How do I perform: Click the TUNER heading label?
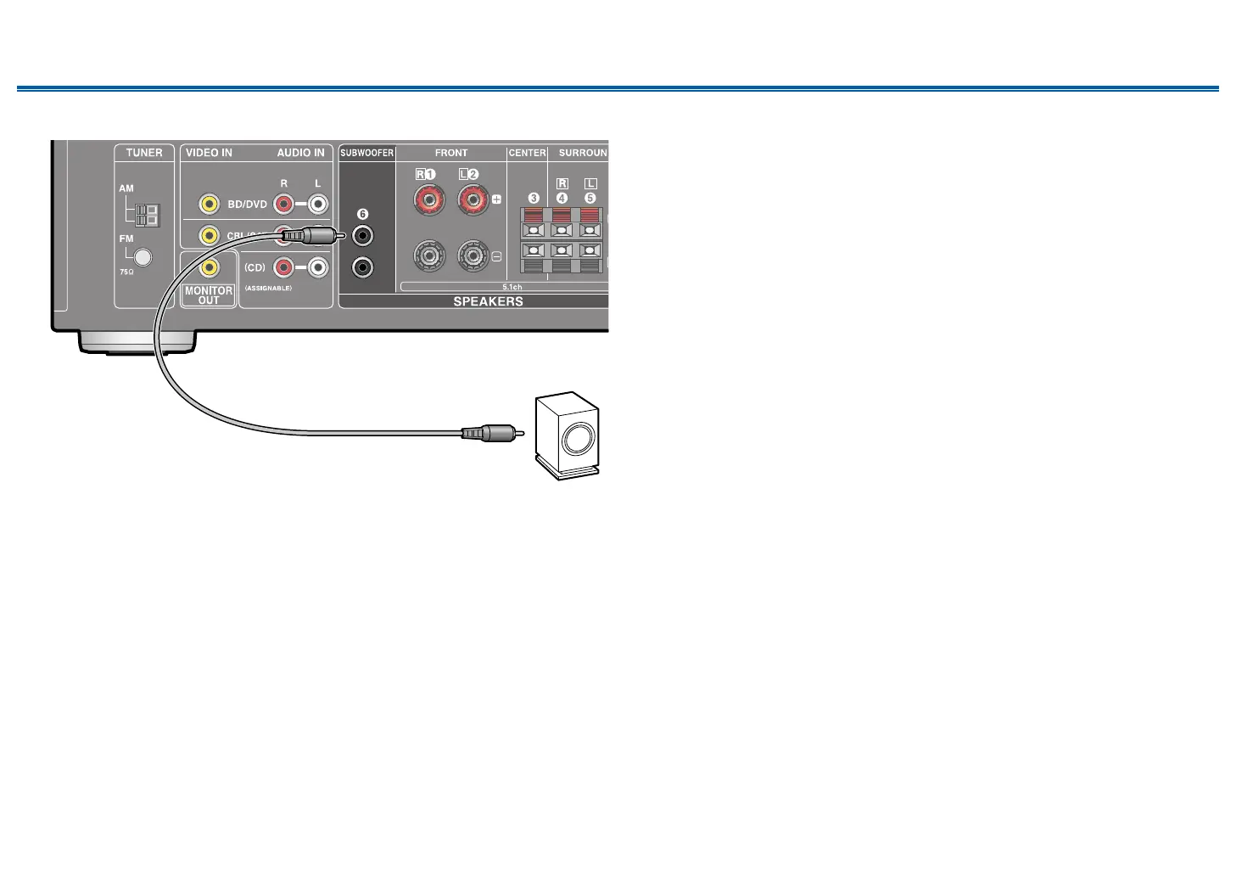[144, 153]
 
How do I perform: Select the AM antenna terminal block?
[147, 215]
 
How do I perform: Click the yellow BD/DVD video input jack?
[209, 204]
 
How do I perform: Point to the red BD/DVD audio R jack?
[283, 204]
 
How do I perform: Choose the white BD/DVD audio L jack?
[318, 204]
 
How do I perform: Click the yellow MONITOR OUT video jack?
[209, 267]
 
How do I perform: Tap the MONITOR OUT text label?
[209, 295]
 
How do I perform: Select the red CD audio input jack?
[283, 267]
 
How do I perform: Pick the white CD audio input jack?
[318, 267]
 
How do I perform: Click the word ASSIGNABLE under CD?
[268, 289]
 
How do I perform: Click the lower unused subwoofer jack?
[363, 267]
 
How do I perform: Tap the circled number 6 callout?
[362, 214]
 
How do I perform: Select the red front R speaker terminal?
[429, 201]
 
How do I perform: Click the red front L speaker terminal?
[473, 201]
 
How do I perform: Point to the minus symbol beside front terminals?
[496, 255]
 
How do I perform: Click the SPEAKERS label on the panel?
[488, 301]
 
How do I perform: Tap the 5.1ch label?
[512, 288]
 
